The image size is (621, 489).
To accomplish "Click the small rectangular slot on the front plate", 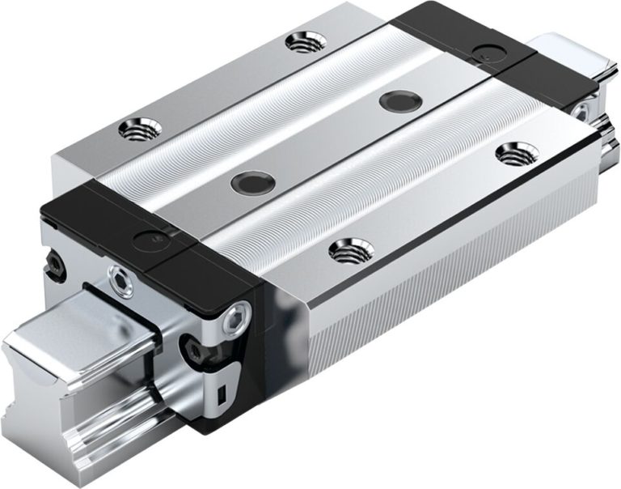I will tap(222, 394).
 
